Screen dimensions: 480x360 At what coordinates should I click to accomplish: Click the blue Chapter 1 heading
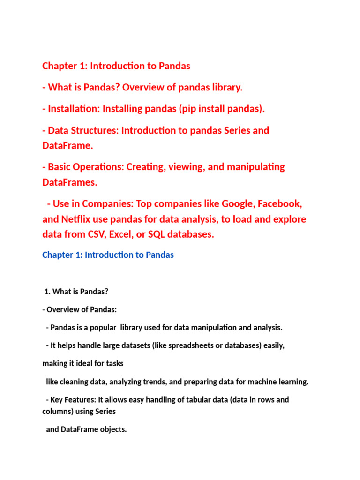point(108,255)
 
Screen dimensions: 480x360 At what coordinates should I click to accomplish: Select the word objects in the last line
point(112,429)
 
